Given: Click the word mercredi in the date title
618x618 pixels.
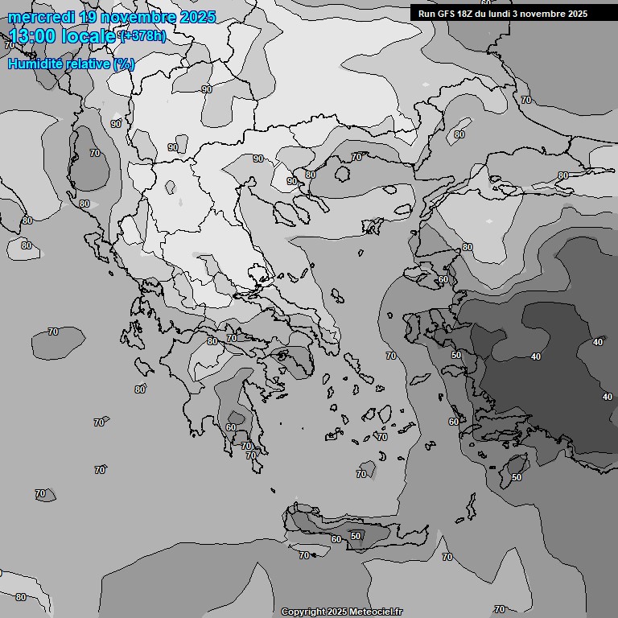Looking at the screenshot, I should coord(41,17).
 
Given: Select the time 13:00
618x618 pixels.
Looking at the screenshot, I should coord(35,36).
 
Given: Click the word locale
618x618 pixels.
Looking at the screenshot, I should coord(91,36).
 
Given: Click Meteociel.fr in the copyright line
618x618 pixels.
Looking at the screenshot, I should coord(376,612).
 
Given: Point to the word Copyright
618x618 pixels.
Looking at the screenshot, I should coord(303,612).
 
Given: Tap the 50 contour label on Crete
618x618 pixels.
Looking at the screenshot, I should coord(356,536).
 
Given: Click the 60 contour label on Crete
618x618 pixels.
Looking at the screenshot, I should coord(336,539).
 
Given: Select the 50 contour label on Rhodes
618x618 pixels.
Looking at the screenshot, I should coord(516,477).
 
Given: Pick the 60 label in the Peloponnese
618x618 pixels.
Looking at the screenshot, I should coord(231,427).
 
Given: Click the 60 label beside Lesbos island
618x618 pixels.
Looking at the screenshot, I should coord(443,279).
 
